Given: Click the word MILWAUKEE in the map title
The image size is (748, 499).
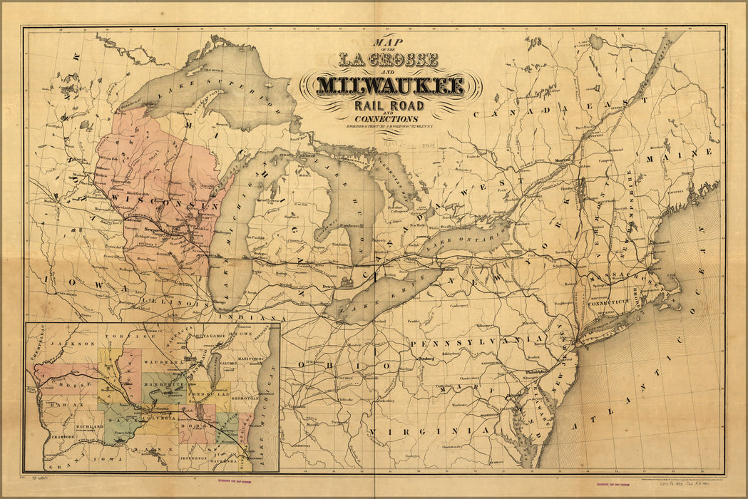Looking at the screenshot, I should (x=391, y=86).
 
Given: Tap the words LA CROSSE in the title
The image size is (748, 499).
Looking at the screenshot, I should (x=389, y=60).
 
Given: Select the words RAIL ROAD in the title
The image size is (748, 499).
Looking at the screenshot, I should (x=389, y=106).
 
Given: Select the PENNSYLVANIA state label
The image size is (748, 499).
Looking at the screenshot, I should (x=466, y=342).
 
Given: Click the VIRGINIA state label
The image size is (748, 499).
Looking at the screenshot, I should (x=431, y=432).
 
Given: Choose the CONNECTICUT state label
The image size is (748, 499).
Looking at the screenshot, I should (x=610, y=302).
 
